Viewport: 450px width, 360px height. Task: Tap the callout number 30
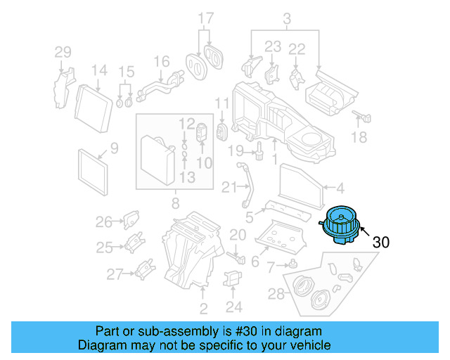(x=380, y=242)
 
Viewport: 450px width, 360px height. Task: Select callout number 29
(x=63, y=52)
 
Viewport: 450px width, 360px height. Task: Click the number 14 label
(x=98, y=70)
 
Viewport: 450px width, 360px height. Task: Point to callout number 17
(x=205, y=18)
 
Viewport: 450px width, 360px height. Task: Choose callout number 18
(x=359, y=137)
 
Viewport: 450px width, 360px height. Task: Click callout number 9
(x=114, y=148)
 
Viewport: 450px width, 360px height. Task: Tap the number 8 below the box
(x=174, y=204)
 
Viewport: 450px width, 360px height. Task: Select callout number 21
(x=227, y=187)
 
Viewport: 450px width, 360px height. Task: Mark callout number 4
(x=339, y=188)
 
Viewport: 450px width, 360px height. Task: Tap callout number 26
(x=104, y=222)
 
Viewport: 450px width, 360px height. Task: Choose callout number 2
(x=203, y=309)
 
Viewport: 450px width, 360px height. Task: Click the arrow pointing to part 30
(x=366, y=229)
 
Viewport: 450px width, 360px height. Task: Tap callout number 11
(x=222, y=104)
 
